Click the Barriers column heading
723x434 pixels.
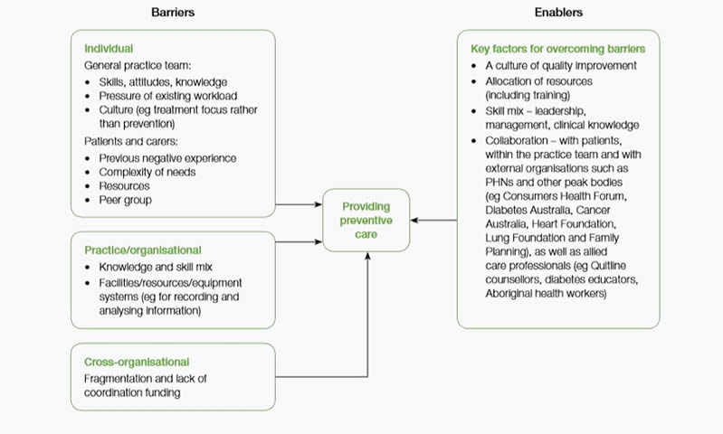173,13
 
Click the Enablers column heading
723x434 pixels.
557,13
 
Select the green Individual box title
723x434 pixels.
109,48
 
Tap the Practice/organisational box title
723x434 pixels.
143,250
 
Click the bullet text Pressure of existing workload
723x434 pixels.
168,96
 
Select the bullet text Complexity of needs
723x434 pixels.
148,172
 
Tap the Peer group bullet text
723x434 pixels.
126,199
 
